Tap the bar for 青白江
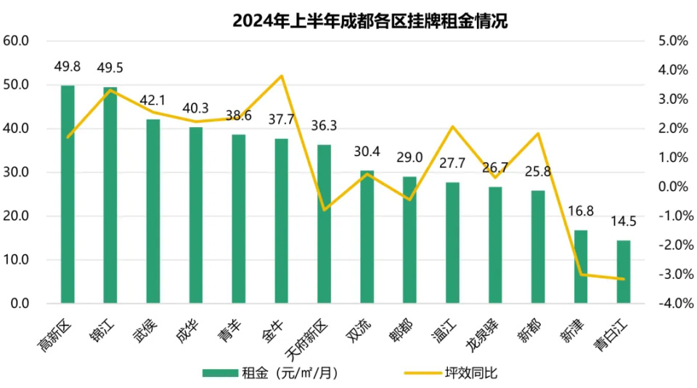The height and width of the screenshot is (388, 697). [x=624, y=272]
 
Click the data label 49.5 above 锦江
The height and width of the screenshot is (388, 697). [x=110, y=68]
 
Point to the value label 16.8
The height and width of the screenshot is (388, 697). [x=581, y=211]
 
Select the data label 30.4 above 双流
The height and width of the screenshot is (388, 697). [x=367, y=152]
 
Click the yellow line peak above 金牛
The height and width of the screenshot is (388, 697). [x=282, y=76]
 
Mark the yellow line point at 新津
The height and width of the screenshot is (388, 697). [x=581, y=275]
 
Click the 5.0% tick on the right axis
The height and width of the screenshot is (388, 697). [x=672, y=41]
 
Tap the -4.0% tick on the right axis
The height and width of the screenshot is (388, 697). [x=671, y=304]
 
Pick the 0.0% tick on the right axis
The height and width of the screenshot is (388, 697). [x=672, y=187]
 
